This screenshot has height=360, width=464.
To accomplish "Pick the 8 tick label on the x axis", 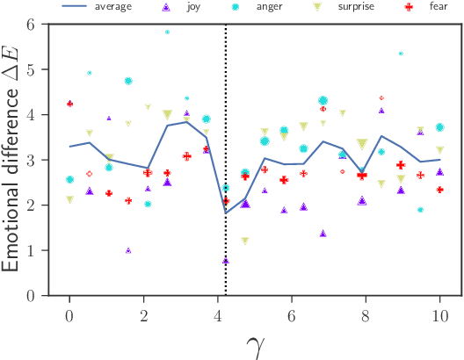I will tap(366, 314).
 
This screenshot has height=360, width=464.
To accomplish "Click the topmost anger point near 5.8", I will tap(167, 32).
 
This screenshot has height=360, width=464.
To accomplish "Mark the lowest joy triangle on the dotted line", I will tap(226, 261).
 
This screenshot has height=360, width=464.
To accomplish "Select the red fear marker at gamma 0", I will tap(69, 104).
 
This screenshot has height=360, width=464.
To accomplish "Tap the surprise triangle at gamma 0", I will tap(69, 200).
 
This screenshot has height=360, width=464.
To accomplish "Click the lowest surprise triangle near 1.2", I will tap(244, 241).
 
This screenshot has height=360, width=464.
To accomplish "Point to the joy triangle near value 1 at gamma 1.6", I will tap(128, 250).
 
